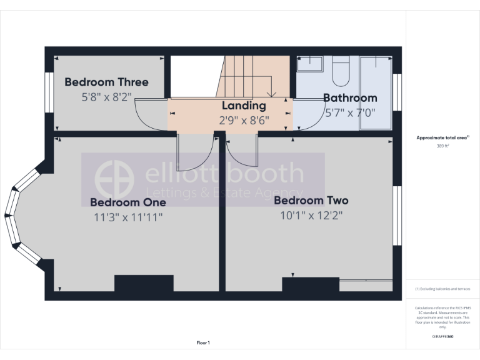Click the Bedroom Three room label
pyautogui.click(x=106, y=82)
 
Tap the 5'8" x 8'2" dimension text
pyautogui.click(x=106, y=97)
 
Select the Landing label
pyautogui.click(x=244, y=106)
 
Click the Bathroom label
pyautogui.click(x=350, y=97)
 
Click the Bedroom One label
pyautogui.click(x=128, y=202)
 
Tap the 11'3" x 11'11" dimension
pyautogui.click(x=128, y=217)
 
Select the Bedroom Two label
pyautogui.click(x=311, y=201)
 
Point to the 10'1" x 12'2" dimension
pyautogui.click(x=311, y=216)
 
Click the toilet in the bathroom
pyautogui.click(x=341, y=71)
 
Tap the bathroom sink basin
pyautogui.click(x=309, y=64)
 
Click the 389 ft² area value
pyautogui.click(x=442, y=146)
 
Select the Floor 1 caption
pyautogui.click(x=203, y=342)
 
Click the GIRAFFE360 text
pyautogui.click(x=442, y=337)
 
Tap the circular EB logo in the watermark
pyautogui.click(x=114, y=179)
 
